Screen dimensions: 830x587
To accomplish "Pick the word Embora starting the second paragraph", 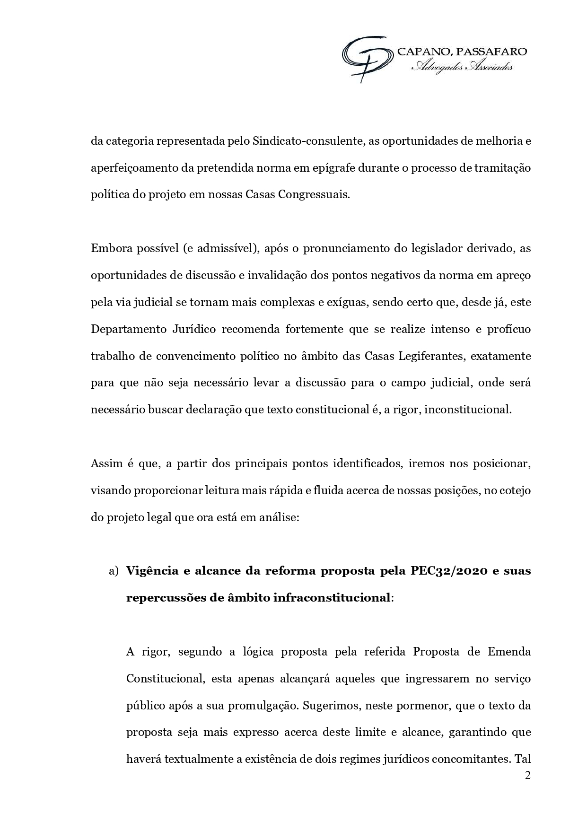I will tap(111, 248).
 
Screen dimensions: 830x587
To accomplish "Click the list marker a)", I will tap(114, 571).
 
